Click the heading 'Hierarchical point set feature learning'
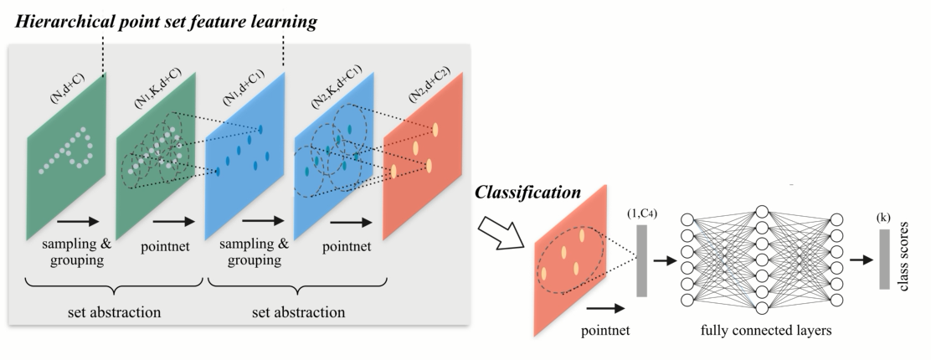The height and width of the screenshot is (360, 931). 166,23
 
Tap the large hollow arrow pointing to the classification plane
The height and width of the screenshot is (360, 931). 500,228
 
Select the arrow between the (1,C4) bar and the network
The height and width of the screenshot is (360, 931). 666,260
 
